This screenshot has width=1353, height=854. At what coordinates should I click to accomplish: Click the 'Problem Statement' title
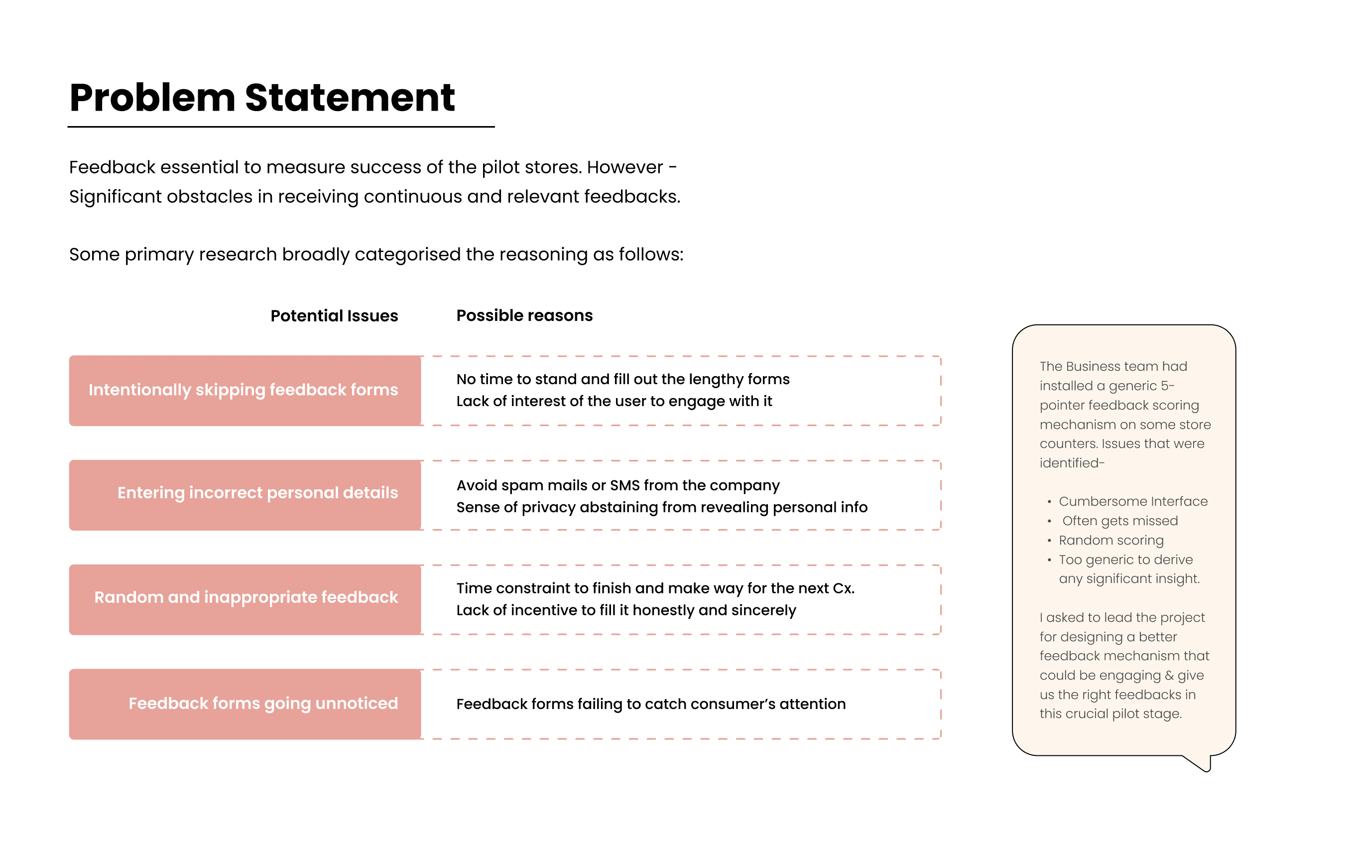pos(262,98)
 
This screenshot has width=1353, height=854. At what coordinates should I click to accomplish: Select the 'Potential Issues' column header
pos(334,316)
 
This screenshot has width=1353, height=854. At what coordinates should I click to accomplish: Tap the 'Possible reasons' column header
pos(524,315)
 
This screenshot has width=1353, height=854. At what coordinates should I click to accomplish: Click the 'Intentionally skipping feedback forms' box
pos(245,390)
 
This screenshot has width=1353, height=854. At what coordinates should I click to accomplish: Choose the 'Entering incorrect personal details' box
pos(245,495)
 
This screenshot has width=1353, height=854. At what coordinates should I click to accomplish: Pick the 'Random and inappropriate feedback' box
pos(245,599)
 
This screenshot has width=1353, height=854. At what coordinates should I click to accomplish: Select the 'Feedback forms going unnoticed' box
pos(245,704)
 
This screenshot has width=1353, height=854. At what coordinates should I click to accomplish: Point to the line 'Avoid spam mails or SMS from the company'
pos(617,485)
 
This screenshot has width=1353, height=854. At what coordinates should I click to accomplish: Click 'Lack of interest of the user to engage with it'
pos(614,402)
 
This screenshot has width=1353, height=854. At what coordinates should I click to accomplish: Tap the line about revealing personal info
pos(661,507)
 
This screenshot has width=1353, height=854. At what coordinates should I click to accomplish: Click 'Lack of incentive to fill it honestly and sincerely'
pos(626,610)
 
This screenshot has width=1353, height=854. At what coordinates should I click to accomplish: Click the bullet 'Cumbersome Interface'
pos(1133,502)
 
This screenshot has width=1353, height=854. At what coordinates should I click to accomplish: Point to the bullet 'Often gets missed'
pos(1120,521)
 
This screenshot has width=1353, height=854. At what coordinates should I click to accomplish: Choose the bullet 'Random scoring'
pos(1111,540)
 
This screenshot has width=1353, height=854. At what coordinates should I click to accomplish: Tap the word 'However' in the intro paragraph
pos(625,167)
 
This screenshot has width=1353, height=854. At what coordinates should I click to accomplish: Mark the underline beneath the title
pos(281,127)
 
